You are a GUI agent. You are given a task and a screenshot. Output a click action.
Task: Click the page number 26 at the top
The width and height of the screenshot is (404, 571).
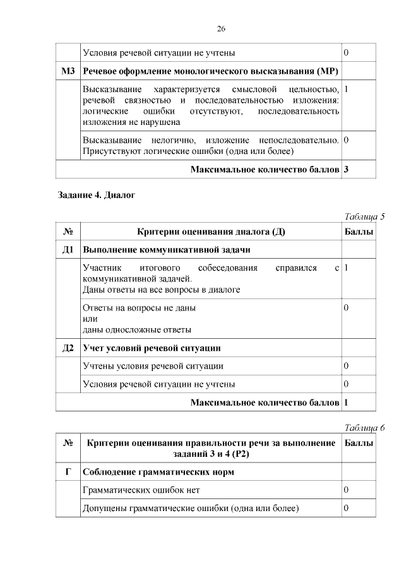tap(221, 29)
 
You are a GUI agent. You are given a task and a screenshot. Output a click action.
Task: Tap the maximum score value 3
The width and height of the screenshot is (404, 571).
tap(347, 169)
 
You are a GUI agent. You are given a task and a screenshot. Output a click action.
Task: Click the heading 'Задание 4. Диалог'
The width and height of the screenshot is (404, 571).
tap(97, 195)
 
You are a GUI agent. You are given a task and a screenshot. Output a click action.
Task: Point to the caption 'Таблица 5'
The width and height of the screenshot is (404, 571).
tap(364, 217)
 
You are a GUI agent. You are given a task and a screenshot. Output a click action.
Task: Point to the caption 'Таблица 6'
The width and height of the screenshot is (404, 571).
tap(364, 428)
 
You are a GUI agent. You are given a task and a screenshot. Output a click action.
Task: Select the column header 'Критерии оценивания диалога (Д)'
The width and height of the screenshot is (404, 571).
tap(211, 232)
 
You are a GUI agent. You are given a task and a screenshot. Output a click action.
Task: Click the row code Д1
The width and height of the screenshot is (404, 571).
tap(68, 250)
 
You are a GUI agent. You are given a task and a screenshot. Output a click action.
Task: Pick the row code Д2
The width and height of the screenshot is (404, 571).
tap(68, 348)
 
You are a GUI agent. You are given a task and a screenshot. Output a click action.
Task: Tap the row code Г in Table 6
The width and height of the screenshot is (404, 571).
tap(68, 472)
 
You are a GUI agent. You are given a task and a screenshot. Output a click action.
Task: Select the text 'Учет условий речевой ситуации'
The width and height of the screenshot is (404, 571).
tap(151, 348)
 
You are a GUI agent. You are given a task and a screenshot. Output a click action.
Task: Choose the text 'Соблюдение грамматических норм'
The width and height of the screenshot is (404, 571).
tap(158, 472)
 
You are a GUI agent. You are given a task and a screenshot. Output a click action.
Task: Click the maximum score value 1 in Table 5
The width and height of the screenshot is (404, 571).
tap(347, 401)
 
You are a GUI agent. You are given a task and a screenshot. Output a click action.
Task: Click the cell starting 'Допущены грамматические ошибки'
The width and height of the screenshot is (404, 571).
tap(190, 508)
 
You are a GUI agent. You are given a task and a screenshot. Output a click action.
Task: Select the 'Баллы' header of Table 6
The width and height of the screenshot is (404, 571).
tap(359, 444)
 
